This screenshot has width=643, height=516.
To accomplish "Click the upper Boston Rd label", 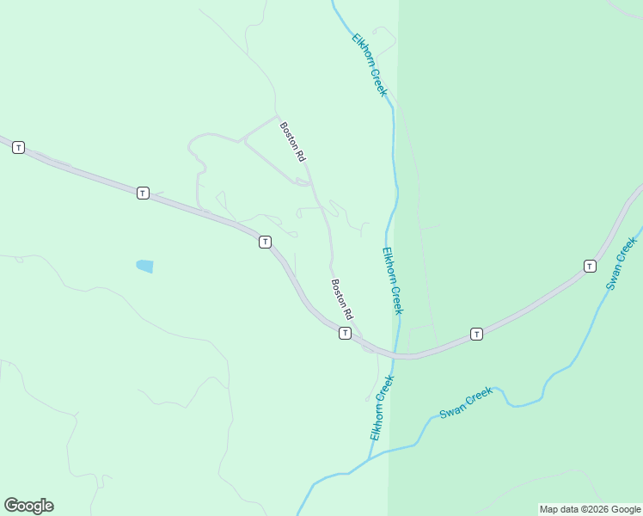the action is (x=292, y=142).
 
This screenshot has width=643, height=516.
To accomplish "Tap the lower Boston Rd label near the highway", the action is (x=343, y=300).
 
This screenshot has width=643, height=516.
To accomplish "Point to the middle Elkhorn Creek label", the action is (x=393, y=281).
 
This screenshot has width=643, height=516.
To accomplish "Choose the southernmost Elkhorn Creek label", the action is (x=382, y=408).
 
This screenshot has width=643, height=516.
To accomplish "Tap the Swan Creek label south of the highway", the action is (x=466, y=402).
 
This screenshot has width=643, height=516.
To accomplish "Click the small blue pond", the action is (x=144, y=267).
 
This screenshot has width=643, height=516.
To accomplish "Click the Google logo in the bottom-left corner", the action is (x=28, y=506).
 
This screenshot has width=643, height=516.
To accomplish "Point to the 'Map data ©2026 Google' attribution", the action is (x=590, y=509).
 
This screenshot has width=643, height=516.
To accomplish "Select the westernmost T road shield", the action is (x=18, y=148).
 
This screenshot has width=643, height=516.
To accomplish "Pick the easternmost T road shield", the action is (x=590, y=266).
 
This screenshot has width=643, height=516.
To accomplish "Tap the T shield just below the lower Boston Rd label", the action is (x=345, y=333).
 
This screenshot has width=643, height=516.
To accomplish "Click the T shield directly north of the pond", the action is (x=144, y=193).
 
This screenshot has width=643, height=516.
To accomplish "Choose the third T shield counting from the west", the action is (x=265, y=243).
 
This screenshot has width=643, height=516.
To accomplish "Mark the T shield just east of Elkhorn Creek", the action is (x=476, y=334).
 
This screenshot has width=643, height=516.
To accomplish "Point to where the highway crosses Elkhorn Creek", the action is (x=397, y=354).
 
